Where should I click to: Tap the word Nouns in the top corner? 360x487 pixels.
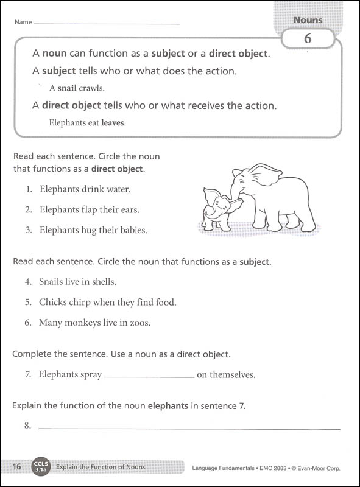pyautogui.click(x=308, y=20)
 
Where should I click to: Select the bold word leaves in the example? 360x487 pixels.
pyautogui.click(x=113, y=122)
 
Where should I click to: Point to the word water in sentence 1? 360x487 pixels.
pyautogui.click(x=118, y=189)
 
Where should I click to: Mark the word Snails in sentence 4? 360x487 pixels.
pyautogui.click(x=52, y=282)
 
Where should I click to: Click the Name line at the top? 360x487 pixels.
pyautogui.click(x=107, y=24)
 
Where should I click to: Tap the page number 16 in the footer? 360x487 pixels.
pyautogui.click(x=16, y=468)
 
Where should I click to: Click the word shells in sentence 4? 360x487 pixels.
pyautogui.click(x=103, y=282)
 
